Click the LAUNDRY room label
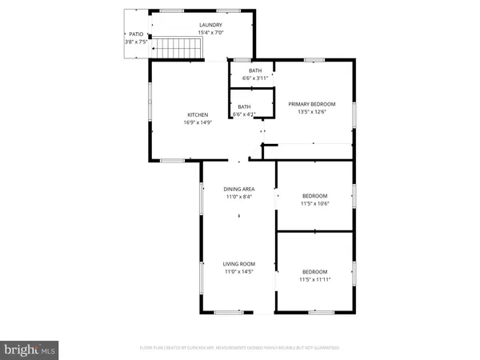click(211, 26)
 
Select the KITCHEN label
click(198, 115)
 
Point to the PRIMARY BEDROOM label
click(312, 104)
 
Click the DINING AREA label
click(238, 189)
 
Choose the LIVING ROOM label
click(238, 263)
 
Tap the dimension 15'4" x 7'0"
click(211, 33)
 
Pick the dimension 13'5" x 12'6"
click(312, 112)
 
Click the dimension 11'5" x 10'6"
click(314, 204)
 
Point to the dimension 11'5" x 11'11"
click(314, 279)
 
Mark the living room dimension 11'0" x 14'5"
click(238, 271)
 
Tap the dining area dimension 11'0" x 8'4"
click(238, 197)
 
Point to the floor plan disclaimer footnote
click(239, 348)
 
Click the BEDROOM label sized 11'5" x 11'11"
click(314, 271)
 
